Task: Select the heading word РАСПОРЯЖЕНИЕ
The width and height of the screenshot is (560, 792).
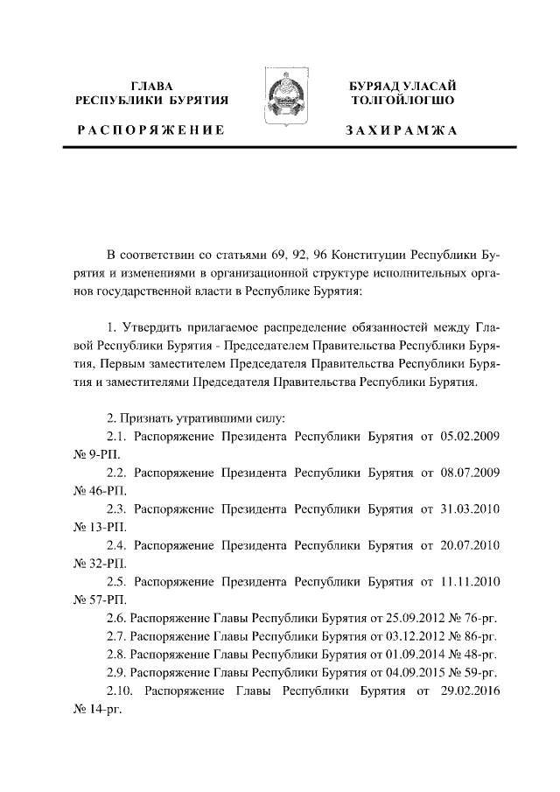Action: point(151,130)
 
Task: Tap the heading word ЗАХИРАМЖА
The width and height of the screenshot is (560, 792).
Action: point(401,130)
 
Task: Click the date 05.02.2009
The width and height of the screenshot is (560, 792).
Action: point(469,434)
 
